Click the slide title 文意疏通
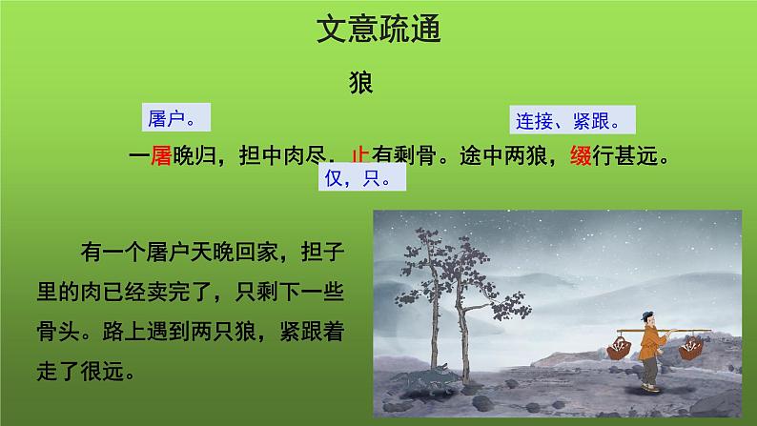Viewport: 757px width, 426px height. pos(378,33)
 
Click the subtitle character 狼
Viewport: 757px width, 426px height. pos(364,83)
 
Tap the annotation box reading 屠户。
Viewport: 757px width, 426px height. pos(172,118)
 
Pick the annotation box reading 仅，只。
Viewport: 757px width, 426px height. pos(358,177)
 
